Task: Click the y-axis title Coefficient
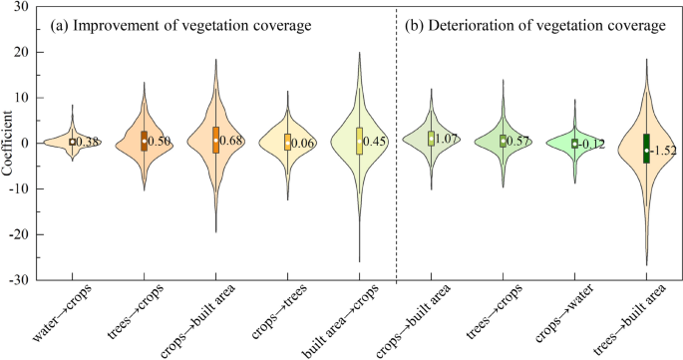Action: tap(9, 143)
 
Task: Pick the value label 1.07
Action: tap(446, 139)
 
